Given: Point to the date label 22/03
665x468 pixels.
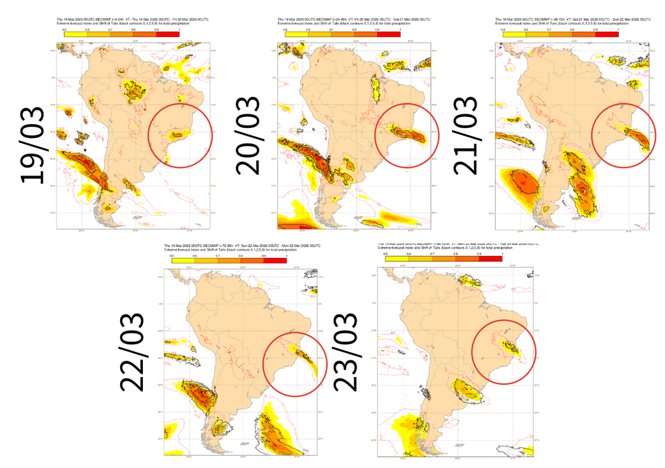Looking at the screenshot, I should point(133,352).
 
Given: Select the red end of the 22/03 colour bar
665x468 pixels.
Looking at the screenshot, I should point(275,260).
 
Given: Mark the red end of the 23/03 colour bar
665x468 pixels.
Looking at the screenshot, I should point(490,258).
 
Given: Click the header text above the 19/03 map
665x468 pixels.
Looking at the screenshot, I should point(117,23).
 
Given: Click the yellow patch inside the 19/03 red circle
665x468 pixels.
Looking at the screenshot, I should point(177,135).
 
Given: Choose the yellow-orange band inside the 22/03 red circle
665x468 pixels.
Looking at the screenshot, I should point(306,357).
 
